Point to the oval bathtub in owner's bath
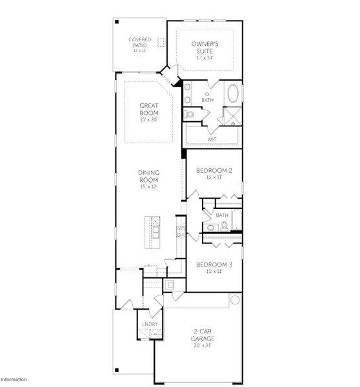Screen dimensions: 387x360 click(x=232, y=94)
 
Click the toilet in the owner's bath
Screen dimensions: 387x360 click(x=189, y=114)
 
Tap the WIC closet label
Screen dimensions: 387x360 click(x=212, y=139)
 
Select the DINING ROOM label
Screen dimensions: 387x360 click(x=148, y=175)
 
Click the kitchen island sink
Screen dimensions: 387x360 click(x=155, y=228)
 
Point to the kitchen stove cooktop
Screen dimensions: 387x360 click(x=181, y=232)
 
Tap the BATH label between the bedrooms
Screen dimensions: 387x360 click(x=222, y=215)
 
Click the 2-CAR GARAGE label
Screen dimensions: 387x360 click(x=203, y=335)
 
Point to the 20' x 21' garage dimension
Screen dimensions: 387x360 click(x=203, y=346)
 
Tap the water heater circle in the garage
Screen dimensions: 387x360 click(x=235, y=300)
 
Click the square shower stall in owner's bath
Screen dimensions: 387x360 click(x=231, y=116)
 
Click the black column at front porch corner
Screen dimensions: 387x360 click(x=117, y=370)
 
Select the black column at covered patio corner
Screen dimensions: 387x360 click(x=117, y=21)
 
